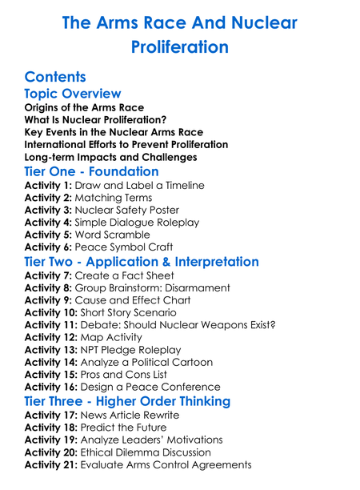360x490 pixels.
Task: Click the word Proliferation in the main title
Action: pos(180,47)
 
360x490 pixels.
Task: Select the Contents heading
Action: pos(55,77)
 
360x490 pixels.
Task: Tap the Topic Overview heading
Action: pos(73,94)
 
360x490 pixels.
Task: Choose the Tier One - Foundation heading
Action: pos(91,171)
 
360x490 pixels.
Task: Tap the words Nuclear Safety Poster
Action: pos(129,211)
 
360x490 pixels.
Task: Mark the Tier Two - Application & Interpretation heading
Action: pos(142,262)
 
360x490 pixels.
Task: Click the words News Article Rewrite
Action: pos(133,415)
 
